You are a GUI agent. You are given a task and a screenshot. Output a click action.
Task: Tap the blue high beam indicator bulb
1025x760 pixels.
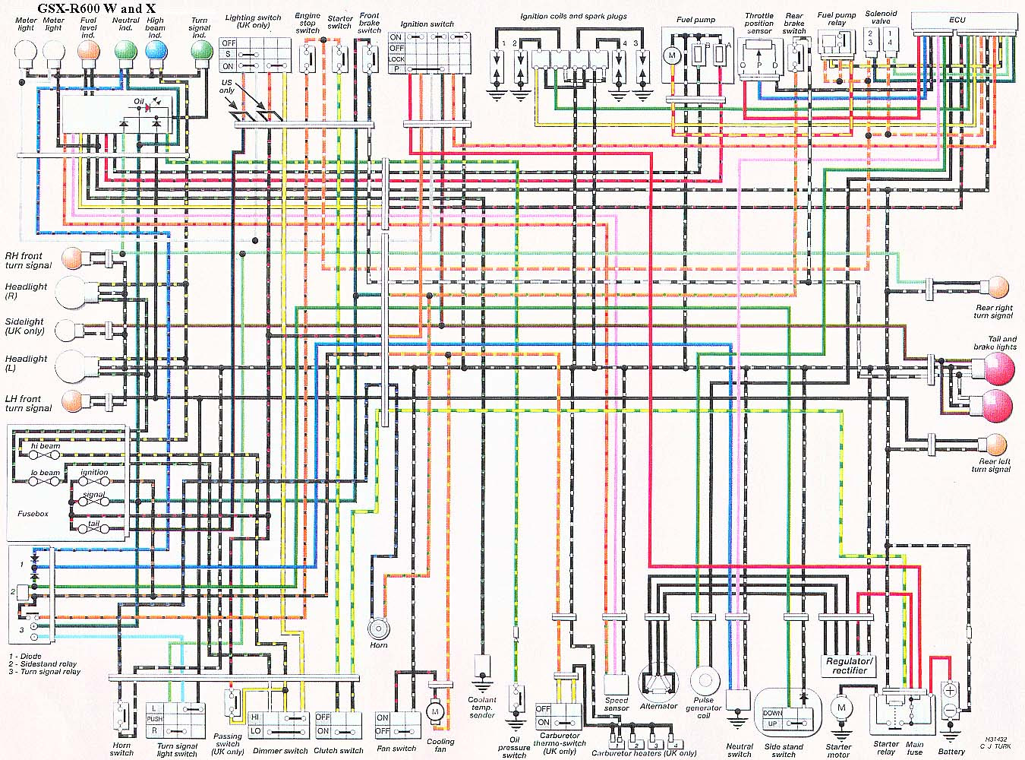[156, 51]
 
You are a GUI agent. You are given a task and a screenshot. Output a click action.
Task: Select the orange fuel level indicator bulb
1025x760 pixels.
[89, 51]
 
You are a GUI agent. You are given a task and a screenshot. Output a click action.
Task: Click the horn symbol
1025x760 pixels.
[377, 629]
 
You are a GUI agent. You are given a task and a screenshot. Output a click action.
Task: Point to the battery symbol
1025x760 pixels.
[950, 700]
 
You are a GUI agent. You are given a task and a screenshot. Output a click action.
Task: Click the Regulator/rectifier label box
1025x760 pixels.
[850, 666]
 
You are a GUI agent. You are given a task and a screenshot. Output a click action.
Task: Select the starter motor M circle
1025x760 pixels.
[840, 708]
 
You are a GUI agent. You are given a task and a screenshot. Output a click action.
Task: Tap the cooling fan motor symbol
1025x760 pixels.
[435, 711]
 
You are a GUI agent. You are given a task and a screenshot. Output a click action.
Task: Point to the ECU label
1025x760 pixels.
[957, 17]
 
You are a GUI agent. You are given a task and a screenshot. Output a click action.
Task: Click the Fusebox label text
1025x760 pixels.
[33, 514]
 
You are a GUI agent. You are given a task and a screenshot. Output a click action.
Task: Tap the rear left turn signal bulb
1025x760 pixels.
[995, 445]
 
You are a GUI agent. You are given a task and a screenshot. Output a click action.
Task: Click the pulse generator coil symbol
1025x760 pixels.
[704, 681]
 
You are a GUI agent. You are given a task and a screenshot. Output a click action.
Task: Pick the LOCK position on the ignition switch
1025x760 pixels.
[396, 59]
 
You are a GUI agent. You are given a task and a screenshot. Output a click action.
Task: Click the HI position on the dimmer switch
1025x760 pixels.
[255, 717]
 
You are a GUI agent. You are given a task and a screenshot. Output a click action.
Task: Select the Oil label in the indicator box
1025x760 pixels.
[138, 101]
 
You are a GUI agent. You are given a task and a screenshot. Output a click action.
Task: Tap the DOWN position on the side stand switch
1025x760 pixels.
[772, 713]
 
